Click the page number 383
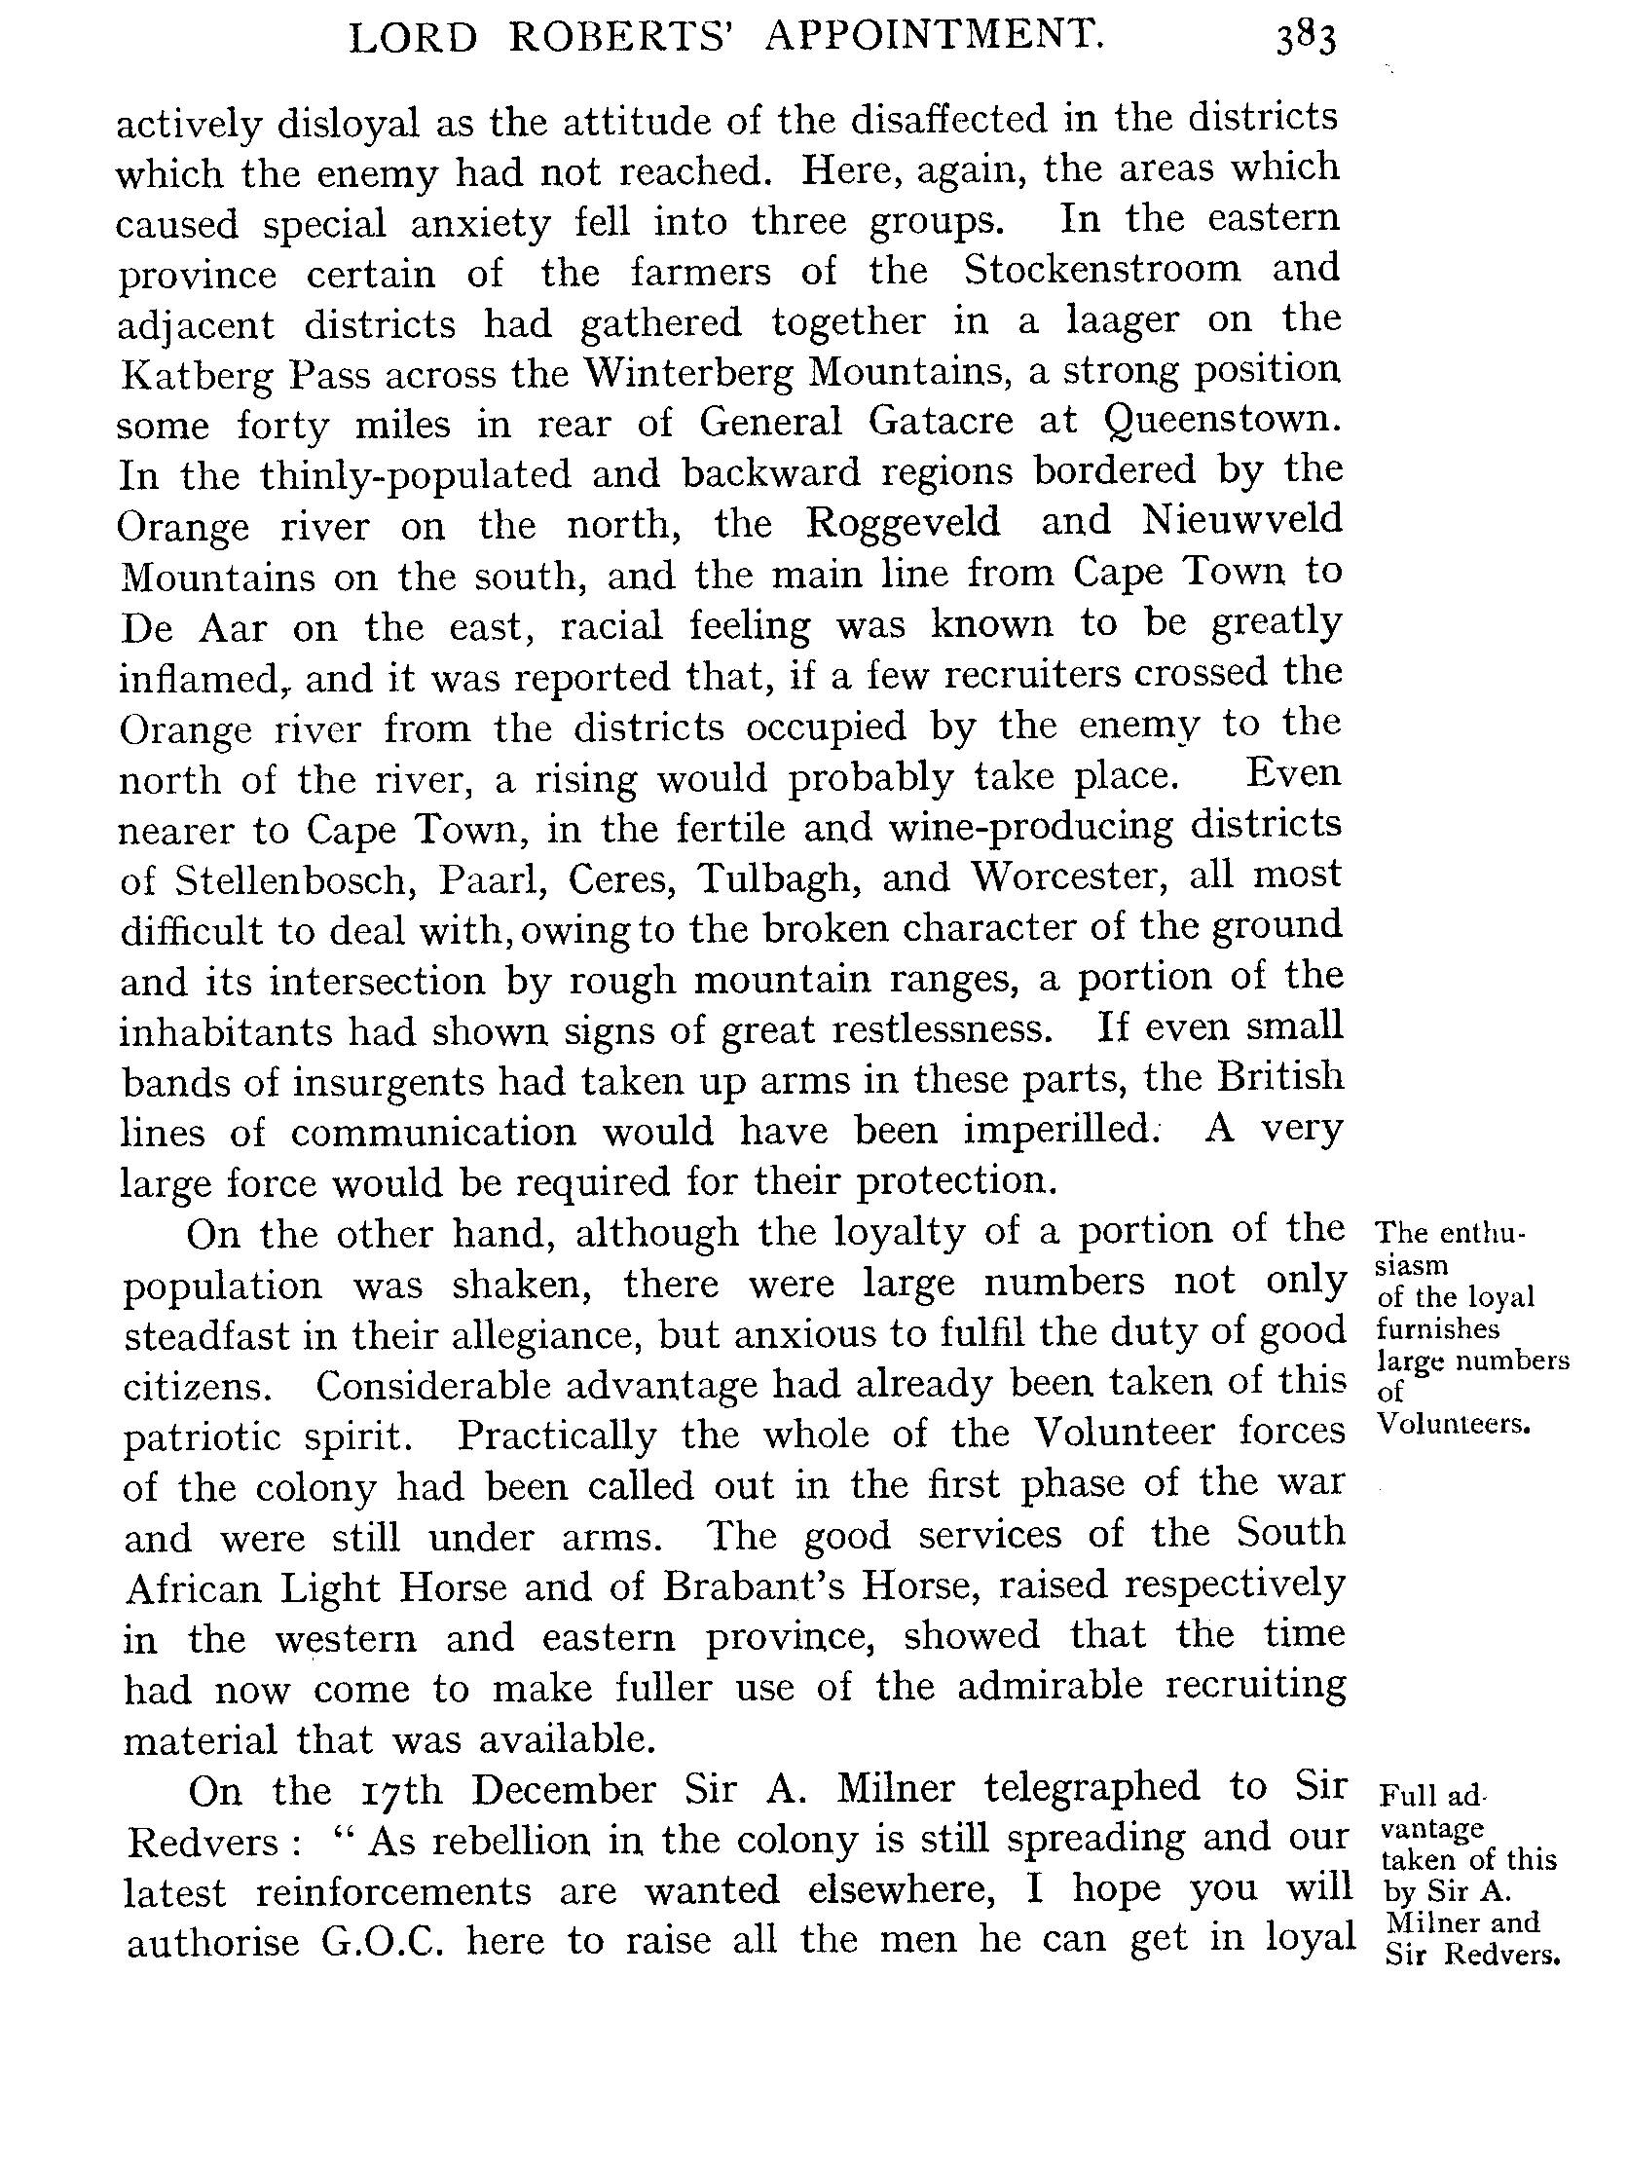click(x=1305, y=41)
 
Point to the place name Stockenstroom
click(x=1102, y=269)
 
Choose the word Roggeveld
click(x=903, y=522)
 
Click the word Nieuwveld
click(x=1241, y=520)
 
